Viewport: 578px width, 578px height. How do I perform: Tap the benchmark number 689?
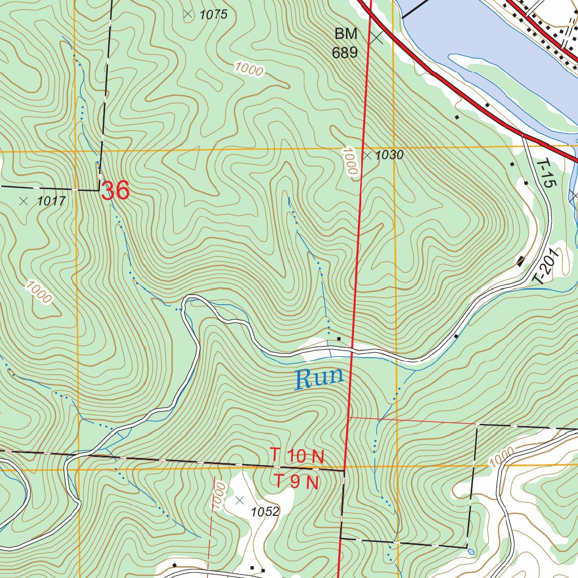coord(345,53)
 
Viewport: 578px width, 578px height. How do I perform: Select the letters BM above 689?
coord(345,34)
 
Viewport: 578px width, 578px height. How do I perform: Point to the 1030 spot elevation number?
coord(389,155)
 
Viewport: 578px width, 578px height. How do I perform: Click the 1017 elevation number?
coord(51,201)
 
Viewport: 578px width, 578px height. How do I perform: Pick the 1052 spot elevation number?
coord(265,512)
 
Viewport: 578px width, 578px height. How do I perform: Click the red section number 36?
coord(116,191)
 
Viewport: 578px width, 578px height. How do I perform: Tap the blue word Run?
coord(319,378)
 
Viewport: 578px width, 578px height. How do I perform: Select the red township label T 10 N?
coord(297,456)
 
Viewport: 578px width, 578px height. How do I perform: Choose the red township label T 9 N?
coord(297,483)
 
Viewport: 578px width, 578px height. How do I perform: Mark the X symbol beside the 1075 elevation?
coord(188,15)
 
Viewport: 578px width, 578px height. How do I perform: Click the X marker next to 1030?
coord(367,155)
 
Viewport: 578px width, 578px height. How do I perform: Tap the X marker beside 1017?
coord(24,201)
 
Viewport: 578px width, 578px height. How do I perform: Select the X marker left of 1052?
coord(240,500)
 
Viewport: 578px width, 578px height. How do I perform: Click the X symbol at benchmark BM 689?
coord(376,38)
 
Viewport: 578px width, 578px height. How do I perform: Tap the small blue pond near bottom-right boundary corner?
coord(471,551)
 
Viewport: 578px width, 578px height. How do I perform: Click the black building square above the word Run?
coord(339,339)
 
